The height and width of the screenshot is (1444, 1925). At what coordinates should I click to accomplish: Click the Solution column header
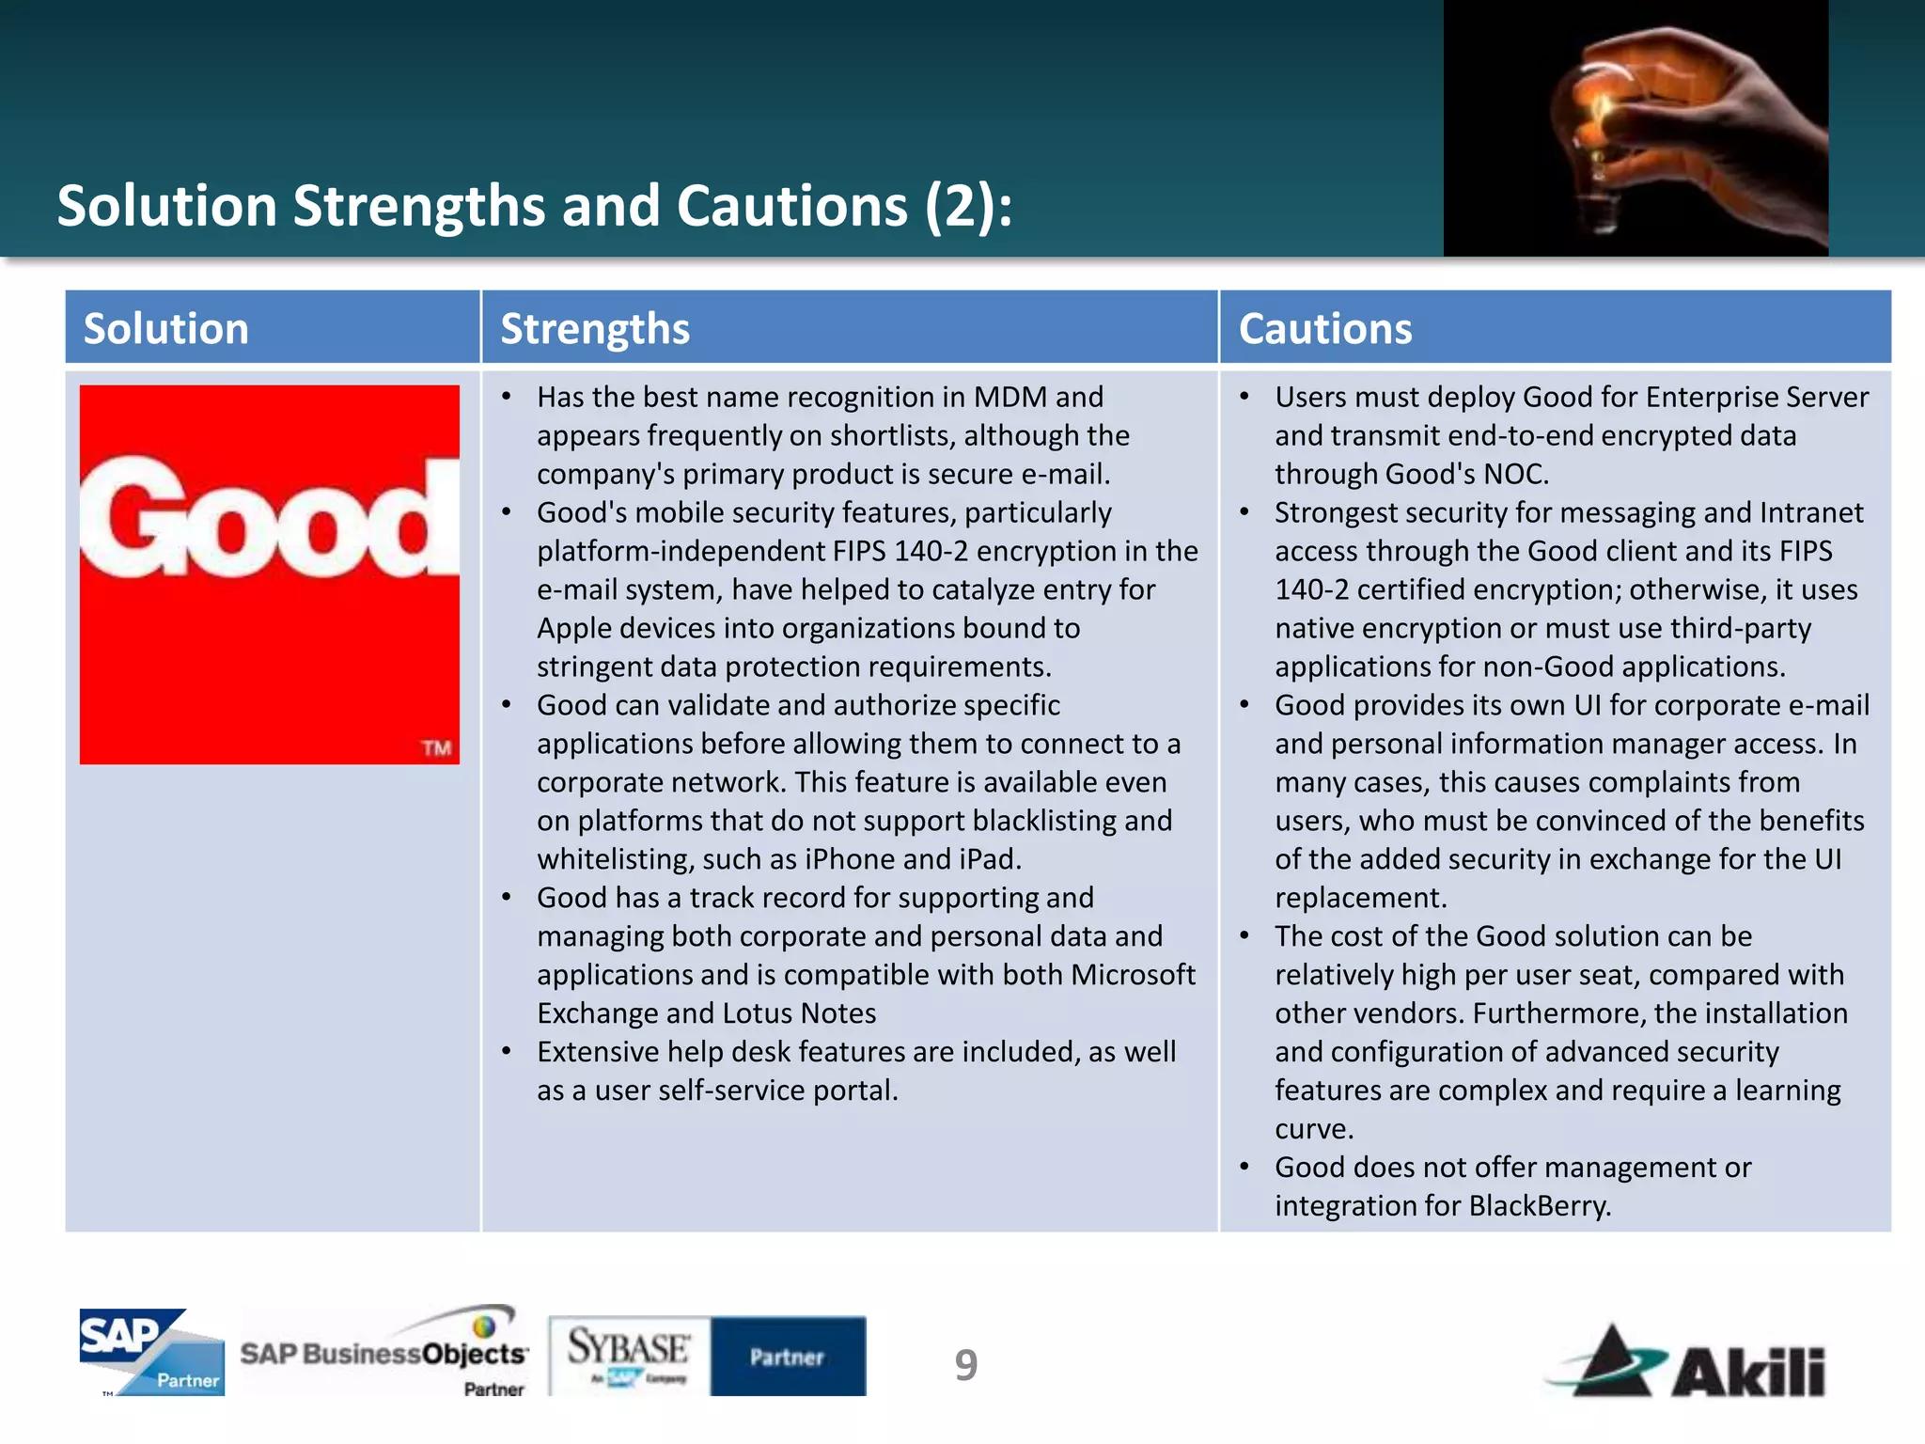(166, 329)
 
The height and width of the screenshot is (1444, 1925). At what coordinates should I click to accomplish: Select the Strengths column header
(595, 329)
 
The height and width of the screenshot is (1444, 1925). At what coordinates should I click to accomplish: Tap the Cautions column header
(1324, 329)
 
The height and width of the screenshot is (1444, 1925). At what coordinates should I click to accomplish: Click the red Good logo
(270, 573)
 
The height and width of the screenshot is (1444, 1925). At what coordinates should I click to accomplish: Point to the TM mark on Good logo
(436, 748)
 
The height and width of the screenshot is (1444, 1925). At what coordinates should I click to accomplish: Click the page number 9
(965, 1365)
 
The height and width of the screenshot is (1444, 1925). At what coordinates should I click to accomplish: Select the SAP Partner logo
(151, 1352)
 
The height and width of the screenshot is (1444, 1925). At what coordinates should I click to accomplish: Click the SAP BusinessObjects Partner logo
(383, 1352)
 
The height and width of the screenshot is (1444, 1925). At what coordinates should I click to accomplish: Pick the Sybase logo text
(628, 1348)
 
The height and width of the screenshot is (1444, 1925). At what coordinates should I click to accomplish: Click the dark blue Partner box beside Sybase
(788, 1357)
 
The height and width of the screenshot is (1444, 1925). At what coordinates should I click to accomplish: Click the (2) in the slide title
(959, 206)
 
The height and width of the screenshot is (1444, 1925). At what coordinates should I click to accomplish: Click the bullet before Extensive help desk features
(507, 1052)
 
